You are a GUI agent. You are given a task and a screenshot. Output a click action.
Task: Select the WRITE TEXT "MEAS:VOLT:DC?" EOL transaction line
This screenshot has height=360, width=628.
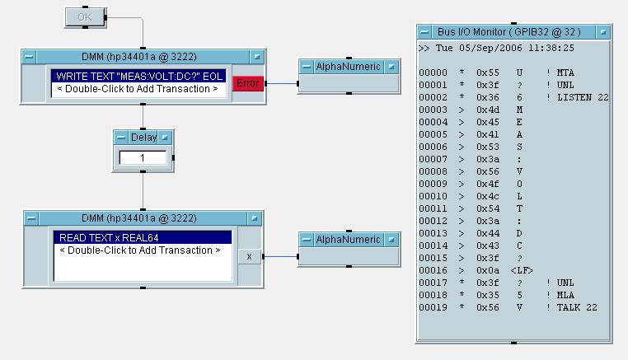138,76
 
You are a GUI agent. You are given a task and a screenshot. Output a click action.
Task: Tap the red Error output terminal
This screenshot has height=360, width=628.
248,82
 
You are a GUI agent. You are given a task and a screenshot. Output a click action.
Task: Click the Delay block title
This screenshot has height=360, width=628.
143,137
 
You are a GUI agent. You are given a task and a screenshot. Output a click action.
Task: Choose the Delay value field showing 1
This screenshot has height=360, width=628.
143,157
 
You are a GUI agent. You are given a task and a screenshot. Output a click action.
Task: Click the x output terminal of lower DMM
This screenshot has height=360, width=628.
250,256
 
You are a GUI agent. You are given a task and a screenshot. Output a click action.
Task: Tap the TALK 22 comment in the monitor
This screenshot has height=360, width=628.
577,307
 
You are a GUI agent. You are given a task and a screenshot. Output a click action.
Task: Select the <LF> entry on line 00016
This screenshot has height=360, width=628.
522,270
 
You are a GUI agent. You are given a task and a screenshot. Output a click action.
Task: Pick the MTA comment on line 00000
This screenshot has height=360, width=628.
565,72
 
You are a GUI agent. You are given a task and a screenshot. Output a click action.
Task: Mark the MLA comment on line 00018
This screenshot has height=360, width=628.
565,295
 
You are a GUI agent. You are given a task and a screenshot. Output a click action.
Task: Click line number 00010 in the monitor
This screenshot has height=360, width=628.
433,196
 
